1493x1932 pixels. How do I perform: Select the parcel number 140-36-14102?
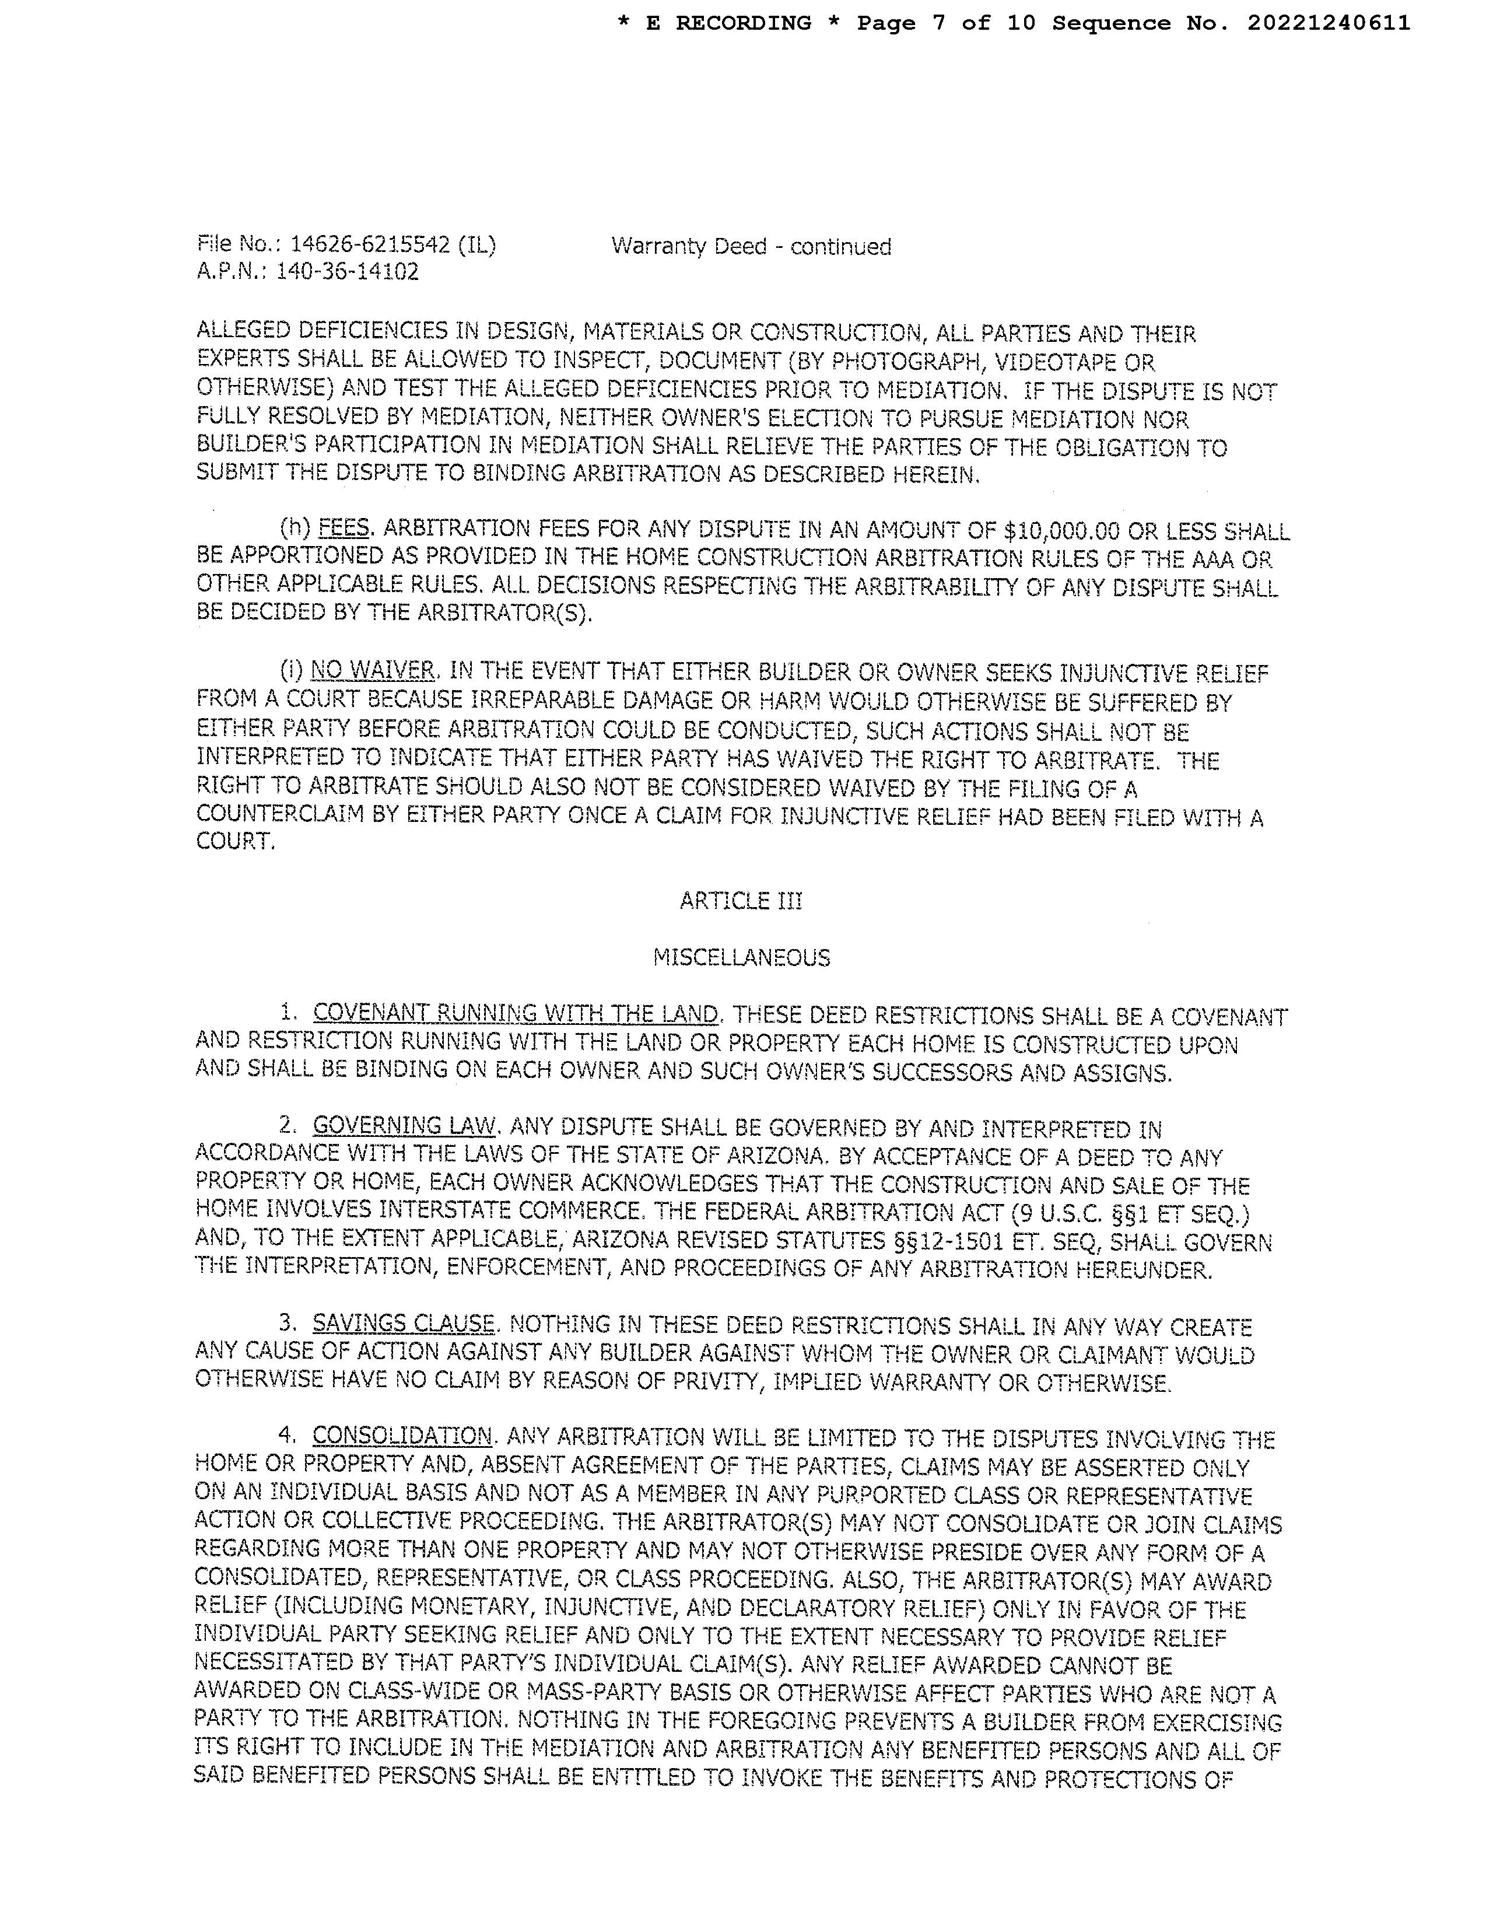pos(347,272)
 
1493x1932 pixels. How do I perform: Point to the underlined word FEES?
pos(343,529)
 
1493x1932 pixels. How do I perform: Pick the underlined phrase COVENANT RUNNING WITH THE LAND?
pos(516,1014)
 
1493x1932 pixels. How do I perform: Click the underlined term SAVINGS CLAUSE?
pos(404,1324)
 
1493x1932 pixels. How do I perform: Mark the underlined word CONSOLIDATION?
pos(402,1435)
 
